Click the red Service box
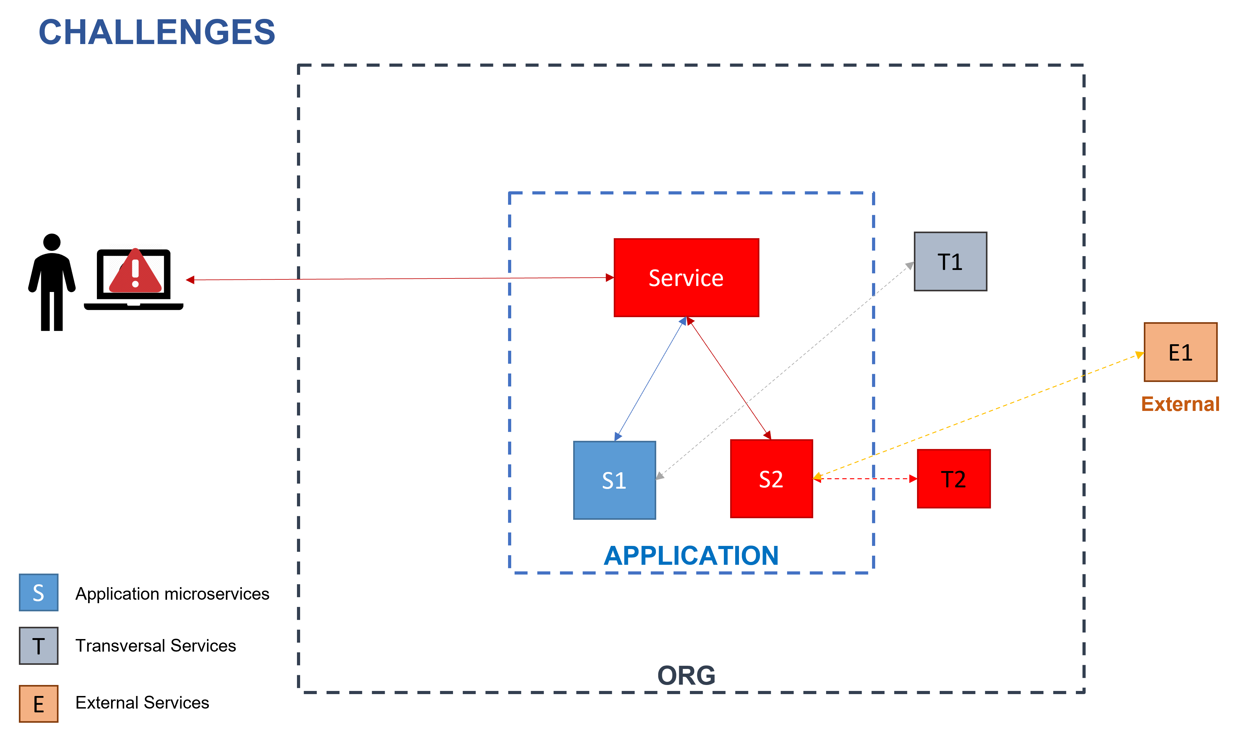click(686, 278)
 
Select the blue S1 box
click(614, 480)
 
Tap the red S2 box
click(771, 479)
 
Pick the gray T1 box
click(950, 261)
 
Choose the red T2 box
click(953, 479)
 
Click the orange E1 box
click(1180, 352)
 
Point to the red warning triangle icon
click(135, 272)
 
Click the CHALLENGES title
click(156, 32)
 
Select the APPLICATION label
click(691, 556)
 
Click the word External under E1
click(1180, 404)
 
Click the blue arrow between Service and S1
click(650, 379)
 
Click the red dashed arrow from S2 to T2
click(864, 479)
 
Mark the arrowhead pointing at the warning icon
click(190, 280)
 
